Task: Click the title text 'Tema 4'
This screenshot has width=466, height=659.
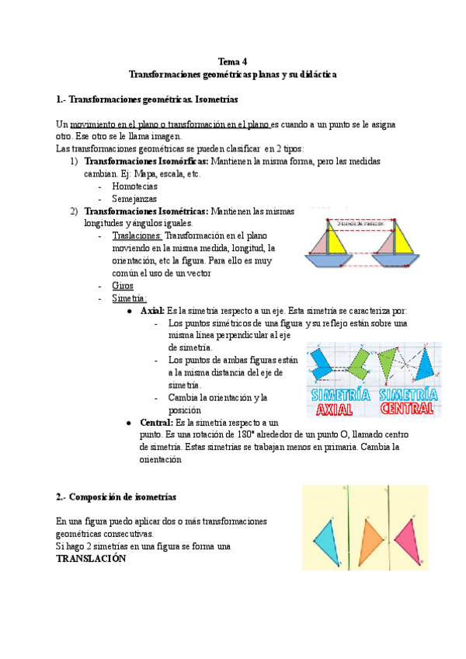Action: [232, 61]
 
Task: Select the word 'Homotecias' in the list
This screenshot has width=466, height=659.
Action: [134, 187]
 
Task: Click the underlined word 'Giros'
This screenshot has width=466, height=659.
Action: [123, 285]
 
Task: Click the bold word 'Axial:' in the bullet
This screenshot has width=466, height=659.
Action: [152, 310]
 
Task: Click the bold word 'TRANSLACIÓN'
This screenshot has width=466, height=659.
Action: [91, 559]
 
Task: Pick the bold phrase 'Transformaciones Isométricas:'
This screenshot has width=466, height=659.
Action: [146, 211]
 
